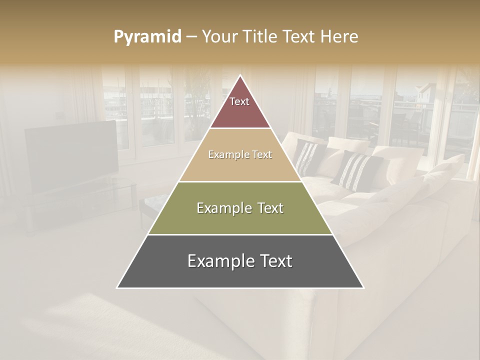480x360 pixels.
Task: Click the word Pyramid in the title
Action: coord(147,36)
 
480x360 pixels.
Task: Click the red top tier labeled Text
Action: coord(239,107)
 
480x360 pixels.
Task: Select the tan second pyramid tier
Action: coord(240,162)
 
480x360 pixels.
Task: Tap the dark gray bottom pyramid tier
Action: coord(240,270)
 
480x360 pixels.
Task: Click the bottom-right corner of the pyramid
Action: coord(363,287)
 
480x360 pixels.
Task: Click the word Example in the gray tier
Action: coord(219,261)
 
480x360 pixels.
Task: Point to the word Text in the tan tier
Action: coord(262,154)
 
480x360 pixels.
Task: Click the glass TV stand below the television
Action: coord(80,200)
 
